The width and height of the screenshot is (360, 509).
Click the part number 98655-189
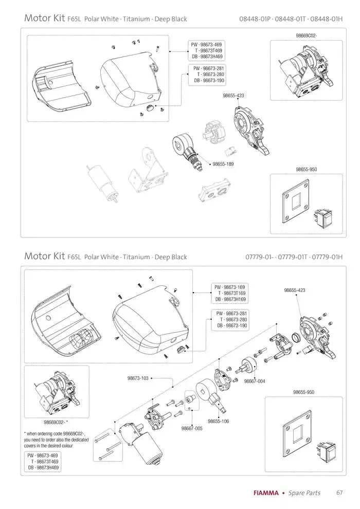tap(223, 164)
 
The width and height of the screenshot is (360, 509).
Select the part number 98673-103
tap(138, 378)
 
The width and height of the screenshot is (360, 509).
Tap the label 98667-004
tap(255, 381)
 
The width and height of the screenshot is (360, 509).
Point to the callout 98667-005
tap(192, 428)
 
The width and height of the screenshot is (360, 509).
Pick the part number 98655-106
tap(218, 421)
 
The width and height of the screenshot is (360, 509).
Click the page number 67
tap(339, 493)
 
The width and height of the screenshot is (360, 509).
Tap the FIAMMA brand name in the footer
tap(266, 493)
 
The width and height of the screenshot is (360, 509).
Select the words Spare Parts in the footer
tap(304, 493)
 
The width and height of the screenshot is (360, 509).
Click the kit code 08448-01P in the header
tap(255, 20)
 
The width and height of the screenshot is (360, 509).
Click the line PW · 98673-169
tap(230, 287)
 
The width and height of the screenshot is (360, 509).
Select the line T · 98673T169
tap(231, 293)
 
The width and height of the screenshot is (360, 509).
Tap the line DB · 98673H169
tap(230, 299)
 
